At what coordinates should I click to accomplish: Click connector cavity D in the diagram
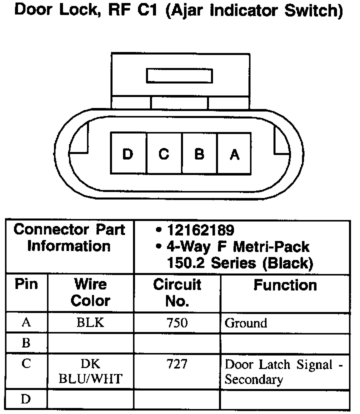128,154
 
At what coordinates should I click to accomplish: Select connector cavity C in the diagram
164,154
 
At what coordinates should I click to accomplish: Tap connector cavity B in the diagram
199,154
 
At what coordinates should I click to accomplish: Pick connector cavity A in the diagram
234,154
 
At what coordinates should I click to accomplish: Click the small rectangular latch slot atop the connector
179,76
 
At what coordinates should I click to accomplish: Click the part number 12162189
200,231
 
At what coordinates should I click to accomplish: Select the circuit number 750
177,323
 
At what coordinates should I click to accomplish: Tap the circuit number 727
177,364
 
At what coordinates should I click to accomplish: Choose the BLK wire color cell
90,323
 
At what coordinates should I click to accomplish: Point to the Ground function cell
246,323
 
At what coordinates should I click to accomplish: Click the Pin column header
26,285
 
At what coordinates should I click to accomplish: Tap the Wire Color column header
90,292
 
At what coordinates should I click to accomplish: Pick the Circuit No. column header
177,292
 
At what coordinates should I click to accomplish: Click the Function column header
285,285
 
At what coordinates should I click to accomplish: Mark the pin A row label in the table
26,323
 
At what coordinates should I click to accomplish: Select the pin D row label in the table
26,399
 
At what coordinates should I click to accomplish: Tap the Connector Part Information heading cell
69,238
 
